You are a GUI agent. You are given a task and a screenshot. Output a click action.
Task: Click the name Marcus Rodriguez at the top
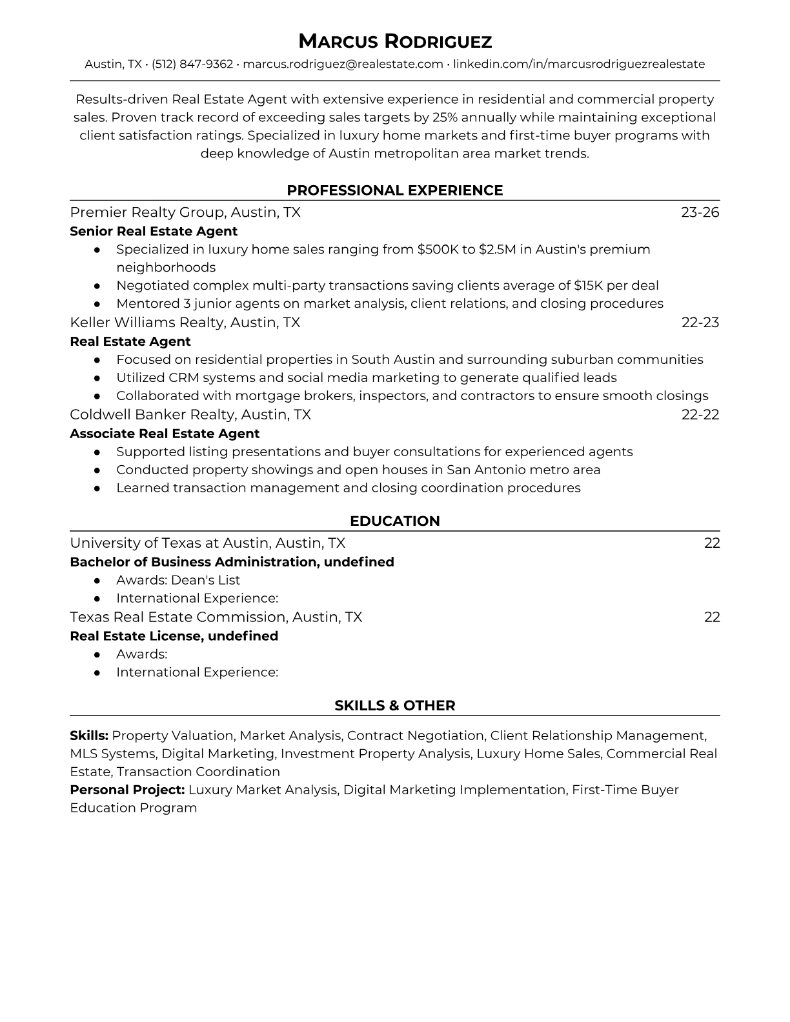coord(394,42)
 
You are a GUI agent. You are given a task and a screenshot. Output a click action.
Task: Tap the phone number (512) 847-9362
coord(192,64)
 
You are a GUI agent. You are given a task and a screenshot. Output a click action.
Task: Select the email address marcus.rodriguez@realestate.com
coord(343,64)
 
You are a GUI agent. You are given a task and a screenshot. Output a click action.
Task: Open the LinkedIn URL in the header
coord(579,64)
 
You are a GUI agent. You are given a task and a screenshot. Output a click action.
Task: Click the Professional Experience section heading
coord(394,190)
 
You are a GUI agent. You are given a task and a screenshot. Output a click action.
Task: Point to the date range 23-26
coord(700,212)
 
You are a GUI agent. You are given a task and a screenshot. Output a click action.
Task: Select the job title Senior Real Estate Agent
coord(154,231)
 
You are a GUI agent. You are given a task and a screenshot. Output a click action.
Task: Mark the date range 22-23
coord(700,322)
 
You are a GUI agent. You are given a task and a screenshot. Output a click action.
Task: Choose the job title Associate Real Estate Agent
coord(165,434)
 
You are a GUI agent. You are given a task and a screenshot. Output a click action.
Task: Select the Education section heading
coord(394,521)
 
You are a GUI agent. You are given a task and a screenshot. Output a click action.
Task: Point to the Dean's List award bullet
coord(178,580)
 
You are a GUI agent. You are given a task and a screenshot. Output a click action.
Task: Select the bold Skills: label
coord(89,736)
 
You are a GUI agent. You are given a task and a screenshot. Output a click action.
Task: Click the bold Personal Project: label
coord(127,790)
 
